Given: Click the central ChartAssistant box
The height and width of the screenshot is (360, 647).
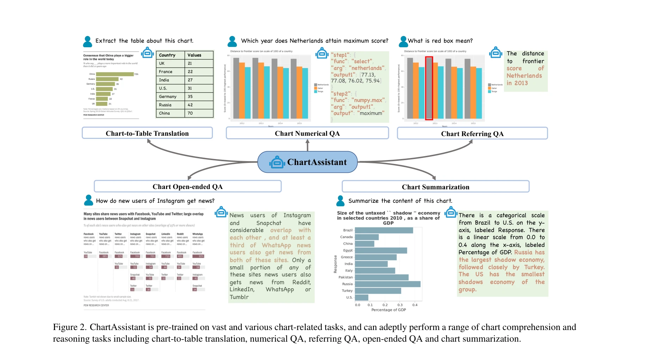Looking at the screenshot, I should pos(307,162).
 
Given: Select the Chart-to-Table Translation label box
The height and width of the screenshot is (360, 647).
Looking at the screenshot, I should pos(147,133).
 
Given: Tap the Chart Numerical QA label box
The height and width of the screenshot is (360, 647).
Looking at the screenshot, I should pos(307,133).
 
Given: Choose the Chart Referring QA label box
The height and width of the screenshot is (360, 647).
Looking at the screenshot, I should pos(472,134).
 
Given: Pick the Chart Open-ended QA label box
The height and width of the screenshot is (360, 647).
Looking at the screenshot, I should pos(187,187).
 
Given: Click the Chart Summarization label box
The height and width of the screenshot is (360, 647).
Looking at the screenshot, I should pos(435,187).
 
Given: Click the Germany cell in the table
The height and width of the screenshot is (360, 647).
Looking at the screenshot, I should pos(168,97).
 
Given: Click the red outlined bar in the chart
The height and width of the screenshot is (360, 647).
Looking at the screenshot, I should pos(429,88).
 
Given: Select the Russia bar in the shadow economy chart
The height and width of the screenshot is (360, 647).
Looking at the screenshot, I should pos(387,284).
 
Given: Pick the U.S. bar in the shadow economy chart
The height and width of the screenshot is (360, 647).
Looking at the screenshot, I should pos(362,298).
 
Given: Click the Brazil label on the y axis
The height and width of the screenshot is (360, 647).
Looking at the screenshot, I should pos(348,230).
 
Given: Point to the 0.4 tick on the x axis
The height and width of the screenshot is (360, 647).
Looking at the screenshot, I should pos(415,305).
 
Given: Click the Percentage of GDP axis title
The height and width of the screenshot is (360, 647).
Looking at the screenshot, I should pos(388,310).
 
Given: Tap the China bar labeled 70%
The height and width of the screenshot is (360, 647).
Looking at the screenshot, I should pos(115,74).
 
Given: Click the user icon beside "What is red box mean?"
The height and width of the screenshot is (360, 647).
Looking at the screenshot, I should pos(403,41).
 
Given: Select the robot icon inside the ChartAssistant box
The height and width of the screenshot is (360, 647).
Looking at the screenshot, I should pos(277,162).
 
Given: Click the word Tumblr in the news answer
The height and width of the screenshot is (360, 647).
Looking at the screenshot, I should pos(239,297).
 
